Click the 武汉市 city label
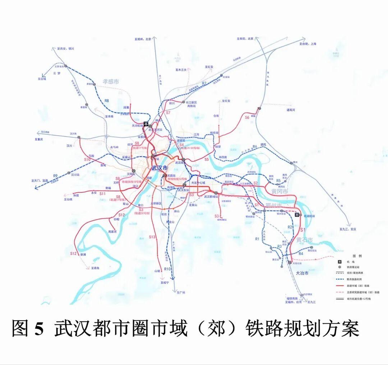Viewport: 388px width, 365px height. [160, 168]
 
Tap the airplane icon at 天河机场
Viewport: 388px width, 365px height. [146, 124]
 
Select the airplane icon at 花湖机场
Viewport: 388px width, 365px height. [297, 215]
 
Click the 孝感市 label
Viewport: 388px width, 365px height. [111, 81]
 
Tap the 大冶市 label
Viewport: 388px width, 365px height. [302, 273]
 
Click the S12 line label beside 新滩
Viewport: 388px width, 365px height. [73, 254]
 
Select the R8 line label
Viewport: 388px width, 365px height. [107, 101]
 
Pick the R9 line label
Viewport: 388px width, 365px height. [55, 176]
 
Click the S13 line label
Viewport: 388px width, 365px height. [152, 237]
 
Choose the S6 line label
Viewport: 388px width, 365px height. [247, 117]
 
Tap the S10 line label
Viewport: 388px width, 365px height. [87, 159]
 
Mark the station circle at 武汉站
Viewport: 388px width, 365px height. [183, 159]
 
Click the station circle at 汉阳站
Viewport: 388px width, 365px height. [134, 171]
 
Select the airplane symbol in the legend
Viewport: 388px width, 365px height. [339, 261]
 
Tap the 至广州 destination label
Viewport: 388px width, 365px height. [181, 293]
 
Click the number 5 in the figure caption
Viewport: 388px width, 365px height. [39, 328]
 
